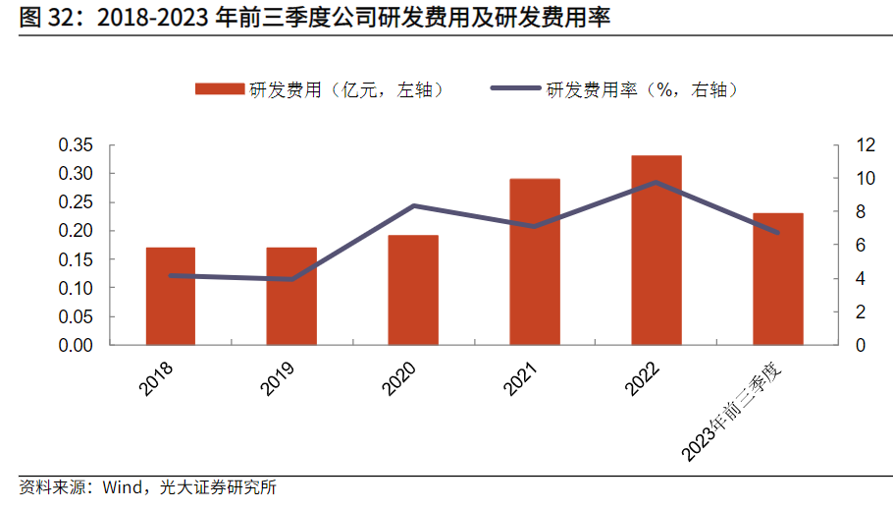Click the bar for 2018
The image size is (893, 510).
tap(171, 296)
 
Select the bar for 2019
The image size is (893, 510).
tap(291, 296)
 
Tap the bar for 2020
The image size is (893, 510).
tap(413, 290)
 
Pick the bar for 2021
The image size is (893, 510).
tap(535, 261)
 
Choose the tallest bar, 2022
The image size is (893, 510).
tap(657, 250)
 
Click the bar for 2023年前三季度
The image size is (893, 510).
tap(778, 279)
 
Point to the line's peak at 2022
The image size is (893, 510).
tap(657, 182)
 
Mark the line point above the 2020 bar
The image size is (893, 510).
tap(413, 205)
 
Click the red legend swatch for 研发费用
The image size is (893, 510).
tap(219, 89)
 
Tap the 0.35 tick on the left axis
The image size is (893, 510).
tap(76, 145)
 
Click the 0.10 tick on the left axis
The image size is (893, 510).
tap(76, 289)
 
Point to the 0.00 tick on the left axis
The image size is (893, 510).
tap(76, 346)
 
